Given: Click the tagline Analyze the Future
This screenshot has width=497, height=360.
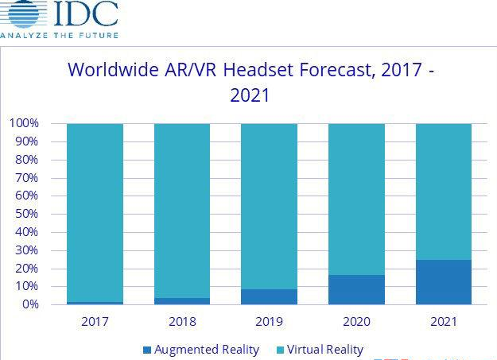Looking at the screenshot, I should tap(60, 36).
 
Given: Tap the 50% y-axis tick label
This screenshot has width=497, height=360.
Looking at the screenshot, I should tap(25, 214).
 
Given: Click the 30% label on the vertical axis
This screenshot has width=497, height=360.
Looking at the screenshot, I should tap(25, 250).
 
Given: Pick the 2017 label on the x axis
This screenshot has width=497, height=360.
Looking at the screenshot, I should tap(95, 323).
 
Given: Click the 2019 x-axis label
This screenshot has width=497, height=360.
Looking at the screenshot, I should tap(269, 323).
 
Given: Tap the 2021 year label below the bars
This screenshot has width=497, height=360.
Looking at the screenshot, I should tap(443, 323).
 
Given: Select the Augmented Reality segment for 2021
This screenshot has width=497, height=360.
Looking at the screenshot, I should tap(443, 282).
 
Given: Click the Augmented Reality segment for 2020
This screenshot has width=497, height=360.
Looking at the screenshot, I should tap(356, 289).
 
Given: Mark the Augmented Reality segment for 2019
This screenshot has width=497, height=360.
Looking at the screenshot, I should tap(269, 296).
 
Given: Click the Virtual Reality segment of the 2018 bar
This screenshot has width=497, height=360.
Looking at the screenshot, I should tap(182, 211).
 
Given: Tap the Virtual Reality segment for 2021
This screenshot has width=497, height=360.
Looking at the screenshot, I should tap(443, 192).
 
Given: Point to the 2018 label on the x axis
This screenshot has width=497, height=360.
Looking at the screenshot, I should tap(182, 323).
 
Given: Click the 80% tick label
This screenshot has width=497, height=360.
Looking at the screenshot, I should tap(25, 160).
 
